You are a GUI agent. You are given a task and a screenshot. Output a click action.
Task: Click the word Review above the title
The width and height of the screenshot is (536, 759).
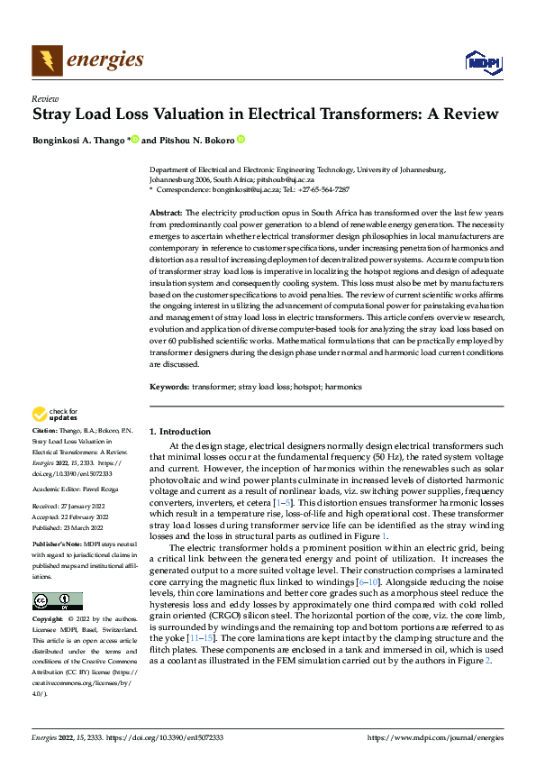point(45,99)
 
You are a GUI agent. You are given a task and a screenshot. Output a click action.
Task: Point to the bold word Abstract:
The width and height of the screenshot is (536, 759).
point(167,210)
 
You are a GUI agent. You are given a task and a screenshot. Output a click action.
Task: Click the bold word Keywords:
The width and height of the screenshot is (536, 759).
point(169,387)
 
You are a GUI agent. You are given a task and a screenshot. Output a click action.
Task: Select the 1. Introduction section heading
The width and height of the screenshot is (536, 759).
point(180,432)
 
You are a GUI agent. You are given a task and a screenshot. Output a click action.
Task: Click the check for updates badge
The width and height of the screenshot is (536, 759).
point(55,415)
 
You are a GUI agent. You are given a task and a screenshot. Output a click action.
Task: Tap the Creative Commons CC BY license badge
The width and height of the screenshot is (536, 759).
point(57,601)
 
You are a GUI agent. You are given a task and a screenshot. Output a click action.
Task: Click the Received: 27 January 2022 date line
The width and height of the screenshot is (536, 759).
point(68,508)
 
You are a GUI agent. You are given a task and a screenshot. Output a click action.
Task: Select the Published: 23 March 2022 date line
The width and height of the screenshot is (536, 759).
point(68,527)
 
